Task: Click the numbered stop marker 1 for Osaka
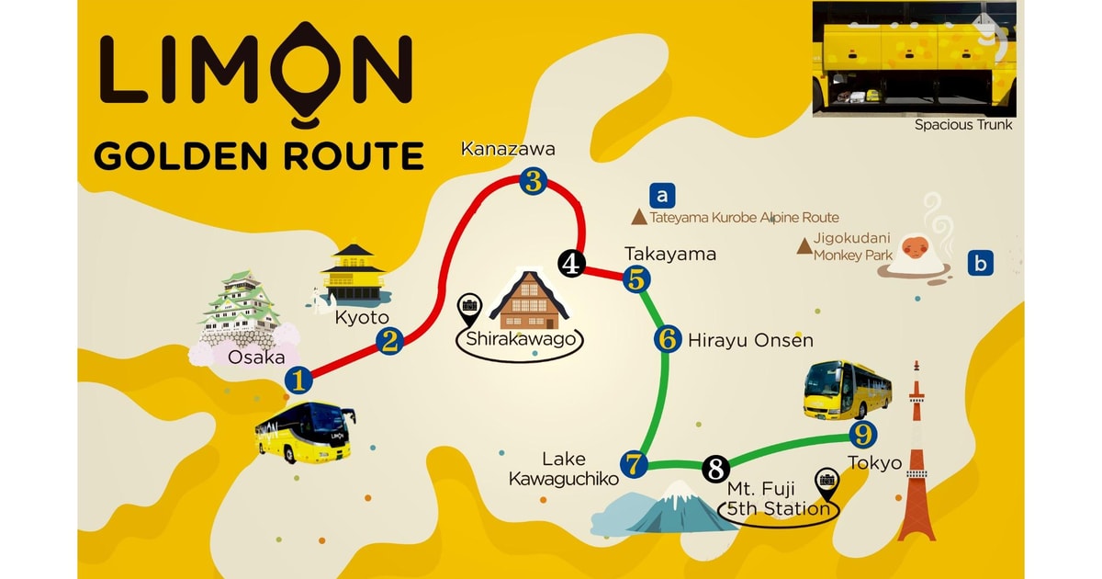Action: (298, 378)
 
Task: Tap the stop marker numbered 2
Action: (389, 342)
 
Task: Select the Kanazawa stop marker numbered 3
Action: (534, 180)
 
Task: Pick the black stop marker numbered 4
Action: (571, 265)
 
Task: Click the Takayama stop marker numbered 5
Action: (635, 279)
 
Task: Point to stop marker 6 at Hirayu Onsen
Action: (668, 338)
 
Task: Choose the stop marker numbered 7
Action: (633, 464)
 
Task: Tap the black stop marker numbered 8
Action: (716, 468)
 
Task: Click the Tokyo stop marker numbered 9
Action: (862, 434)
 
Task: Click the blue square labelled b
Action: (981, 265)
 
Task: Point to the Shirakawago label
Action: (521, 338)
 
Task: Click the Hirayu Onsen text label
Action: (750, 341)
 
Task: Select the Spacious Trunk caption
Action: (963, 125)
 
